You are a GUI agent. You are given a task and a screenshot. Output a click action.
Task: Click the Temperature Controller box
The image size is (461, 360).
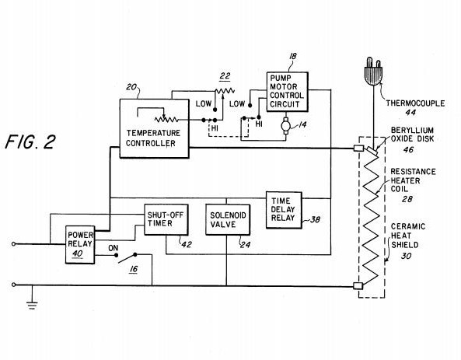tap(155, 128)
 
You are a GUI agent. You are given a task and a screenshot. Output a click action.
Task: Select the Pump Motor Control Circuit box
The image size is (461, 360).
tap(287, 92)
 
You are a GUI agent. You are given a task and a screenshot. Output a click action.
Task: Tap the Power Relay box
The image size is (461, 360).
tap(80, 245)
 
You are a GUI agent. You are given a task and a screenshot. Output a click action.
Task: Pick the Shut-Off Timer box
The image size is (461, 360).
tap(166, 220)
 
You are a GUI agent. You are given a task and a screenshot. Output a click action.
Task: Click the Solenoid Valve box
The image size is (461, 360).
tap(228, 220)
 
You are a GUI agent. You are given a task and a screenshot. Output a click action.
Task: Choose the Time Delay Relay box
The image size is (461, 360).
tap(284, 210)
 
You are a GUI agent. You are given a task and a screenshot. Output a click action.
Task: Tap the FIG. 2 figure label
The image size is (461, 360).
tap(30, 142)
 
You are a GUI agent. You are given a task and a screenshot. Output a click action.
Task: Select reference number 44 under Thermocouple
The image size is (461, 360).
tap(410, 112)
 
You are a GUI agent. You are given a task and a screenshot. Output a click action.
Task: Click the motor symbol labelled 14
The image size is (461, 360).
tap(285, 126)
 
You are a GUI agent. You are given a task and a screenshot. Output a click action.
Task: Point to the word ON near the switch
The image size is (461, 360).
tap(114, 248)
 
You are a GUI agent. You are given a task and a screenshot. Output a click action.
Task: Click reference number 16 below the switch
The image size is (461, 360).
tap(134, 269)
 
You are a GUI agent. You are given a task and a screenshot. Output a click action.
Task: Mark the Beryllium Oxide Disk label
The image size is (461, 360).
tap(412, 135)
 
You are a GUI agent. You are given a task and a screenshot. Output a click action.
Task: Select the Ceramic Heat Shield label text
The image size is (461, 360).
tap(408, 236)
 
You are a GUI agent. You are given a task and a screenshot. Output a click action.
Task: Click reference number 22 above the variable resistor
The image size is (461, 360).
tap(225, 76)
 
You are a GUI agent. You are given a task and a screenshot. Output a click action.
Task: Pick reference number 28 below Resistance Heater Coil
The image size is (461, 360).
tap(407, 199)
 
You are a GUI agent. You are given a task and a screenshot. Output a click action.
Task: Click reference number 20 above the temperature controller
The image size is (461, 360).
tap(131, 87)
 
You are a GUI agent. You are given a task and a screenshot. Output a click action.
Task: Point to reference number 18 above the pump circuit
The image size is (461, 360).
tap(293, 56)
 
